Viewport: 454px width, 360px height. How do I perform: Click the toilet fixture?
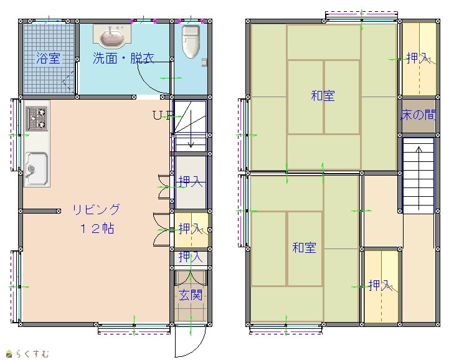point(191,41)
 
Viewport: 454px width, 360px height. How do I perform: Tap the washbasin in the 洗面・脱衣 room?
point(112,37)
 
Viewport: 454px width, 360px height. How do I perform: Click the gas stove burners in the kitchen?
point(37,118)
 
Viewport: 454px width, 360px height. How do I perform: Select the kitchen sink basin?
point(37,168)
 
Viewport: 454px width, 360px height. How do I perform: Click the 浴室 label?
point(48,58)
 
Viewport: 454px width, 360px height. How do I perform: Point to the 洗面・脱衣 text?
point(123,58)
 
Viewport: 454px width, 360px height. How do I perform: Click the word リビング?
point(96,209)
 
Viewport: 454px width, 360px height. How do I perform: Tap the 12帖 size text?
point(97,229)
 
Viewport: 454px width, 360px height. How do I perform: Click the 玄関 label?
point(190,295)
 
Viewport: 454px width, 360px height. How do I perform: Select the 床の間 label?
point(418,115)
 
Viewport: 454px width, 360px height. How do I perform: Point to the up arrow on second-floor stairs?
point(419,178)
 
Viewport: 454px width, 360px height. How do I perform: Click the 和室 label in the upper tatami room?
point(323,95)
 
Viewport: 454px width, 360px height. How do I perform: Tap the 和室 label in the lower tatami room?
point(304,248)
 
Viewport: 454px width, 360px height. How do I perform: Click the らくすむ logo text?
point(32,354)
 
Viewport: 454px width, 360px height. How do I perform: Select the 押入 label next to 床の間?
point(419,58)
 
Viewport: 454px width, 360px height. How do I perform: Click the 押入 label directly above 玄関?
point(190,257)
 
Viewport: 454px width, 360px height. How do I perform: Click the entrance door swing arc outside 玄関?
point(197,348)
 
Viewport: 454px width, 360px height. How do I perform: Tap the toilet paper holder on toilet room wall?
point(204,62)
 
